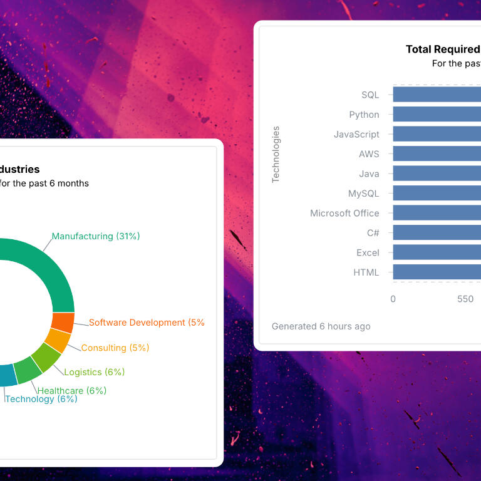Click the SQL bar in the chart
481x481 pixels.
437,95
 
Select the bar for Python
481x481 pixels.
437,115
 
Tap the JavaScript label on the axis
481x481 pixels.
356,134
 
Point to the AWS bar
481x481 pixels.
437,154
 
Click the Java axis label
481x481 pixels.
369,173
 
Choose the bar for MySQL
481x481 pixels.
437,194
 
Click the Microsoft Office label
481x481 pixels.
344,213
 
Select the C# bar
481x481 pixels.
437,233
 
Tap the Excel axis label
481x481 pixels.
368,252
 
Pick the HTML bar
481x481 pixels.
437,272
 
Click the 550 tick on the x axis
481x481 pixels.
465,299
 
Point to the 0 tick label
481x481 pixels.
393,299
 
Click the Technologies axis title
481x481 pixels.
276,154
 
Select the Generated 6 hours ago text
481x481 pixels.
321,326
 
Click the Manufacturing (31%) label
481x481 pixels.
96,236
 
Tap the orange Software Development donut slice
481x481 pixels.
63,322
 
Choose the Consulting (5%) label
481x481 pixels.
115,348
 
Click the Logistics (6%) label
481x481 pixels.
94,372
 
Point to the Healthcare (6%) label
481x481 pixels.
72,390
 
